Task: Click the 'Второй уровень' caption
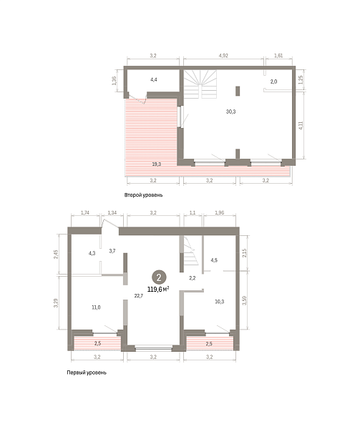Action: click(143, 195)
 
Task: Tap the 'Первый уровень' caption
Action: click(87, 373)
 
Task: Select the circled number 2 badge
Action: click(159, 277)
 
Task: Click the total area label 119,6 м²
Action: click(158, 289)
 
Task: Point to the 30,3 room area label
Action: click(230, 112)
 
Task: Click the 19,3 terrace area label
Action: click(157, 164)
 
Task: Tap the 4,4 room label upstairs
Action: click(154, 79)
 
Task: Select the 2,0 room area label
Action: click(273, 82)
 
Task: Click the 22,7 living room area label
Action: click(139, 295)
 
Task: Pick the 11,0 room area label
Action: click(96, 307)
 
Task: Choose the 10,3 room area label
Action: click(220, 302)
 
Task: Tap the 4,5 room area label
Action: click(214, 260)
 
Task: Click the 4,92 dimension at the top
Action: click(223, 56)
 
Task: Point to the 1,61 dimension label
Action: click(278, 56)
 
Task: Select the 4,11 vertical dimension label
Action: click(301, 125)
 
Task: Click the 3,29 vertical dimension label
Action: click(56, 303)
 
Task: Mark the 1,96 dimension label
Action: click(220, 212)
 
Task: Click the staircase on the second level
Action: click(200, 84)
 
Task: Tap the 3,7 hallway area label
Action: click(112, 251)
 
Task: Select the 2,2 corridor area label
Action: click(193, 278)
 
